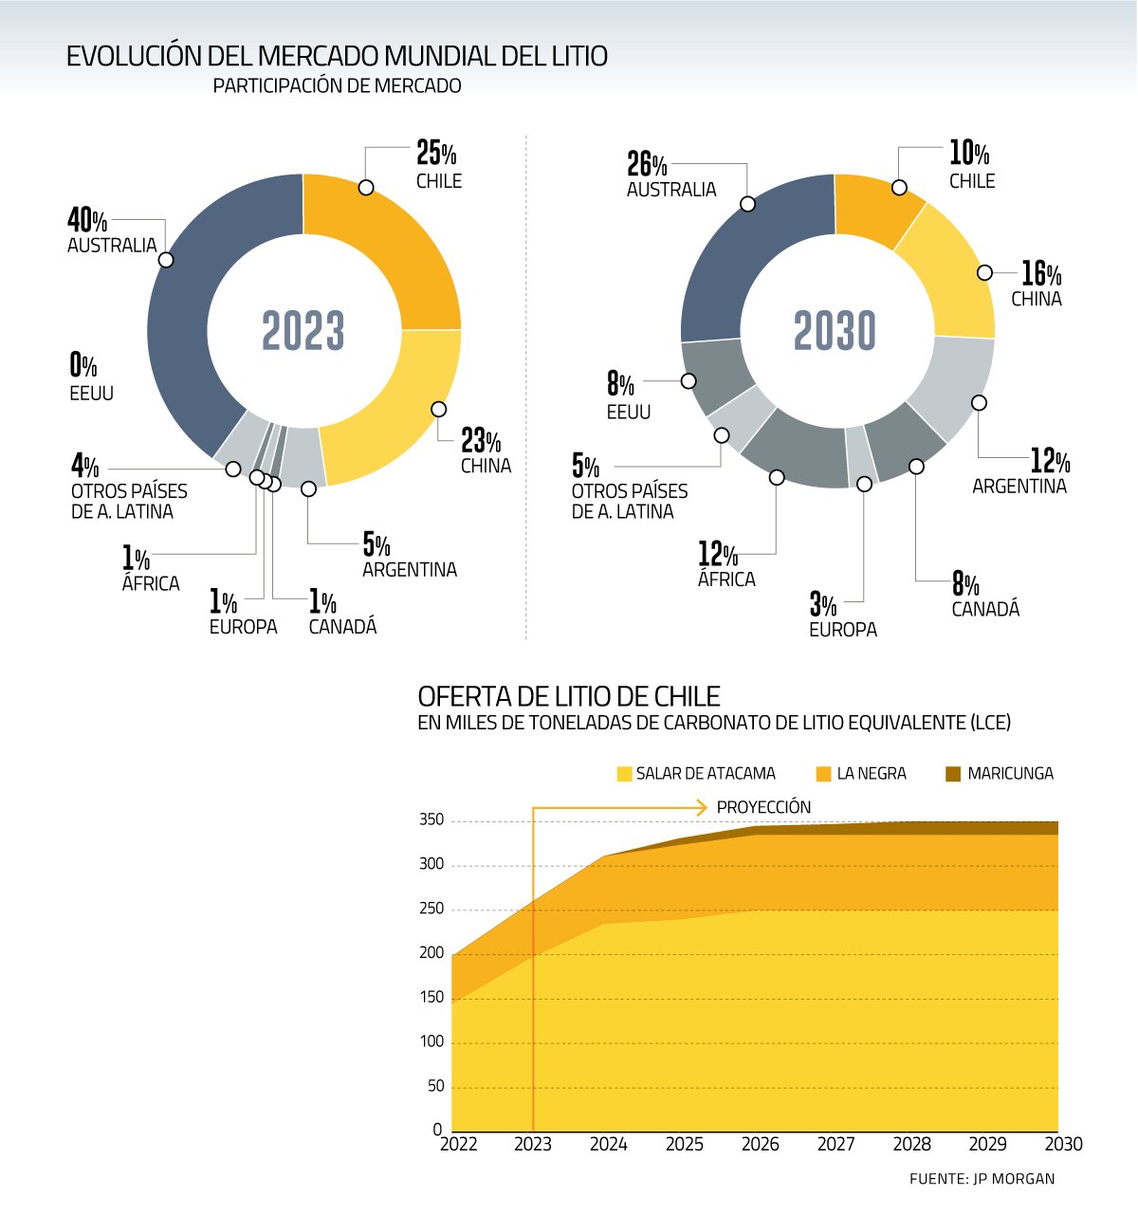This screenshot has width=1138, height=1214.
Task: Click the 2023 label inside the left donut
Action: (x=303, y=331)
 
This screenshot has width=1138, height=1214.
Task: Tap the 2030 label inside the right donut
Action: (x=835, y=331)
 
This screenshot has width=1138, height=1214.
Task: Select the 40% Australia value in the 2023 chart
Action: (x=87, y=221)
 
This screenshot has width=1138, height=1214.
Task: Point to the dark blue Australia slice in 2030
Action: (x=749, y=256)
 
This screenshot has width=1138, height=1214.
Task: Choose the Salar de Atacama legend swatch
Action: (x=624, y=774)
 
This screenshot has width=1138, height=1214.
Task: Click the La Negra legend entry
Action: (x=861, y=774)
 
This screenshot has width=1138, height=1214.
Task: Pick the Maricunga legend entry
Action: (x=1000, y=774)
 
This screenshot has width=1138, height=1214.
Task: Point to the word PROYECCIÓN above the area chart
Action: (x=763, y=807)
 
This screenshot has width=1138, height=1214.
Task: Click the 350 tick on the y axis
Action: (x=431, y=820)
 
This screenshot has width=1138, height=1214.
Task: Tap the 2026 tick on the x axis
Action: (x=760, y=1145)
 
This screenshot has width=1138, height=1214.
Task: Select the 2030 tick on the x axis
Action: (x=1062, y=1145)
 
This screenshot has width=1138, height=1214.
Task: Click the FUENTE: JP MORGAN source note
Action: (x=982, y=1179)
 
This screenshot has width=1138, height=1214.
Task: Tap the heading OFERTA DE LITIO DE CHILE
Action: (x=569, y=696)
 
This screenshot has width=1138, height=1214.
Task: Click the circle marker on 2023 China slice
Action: (x=438, y=409)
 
